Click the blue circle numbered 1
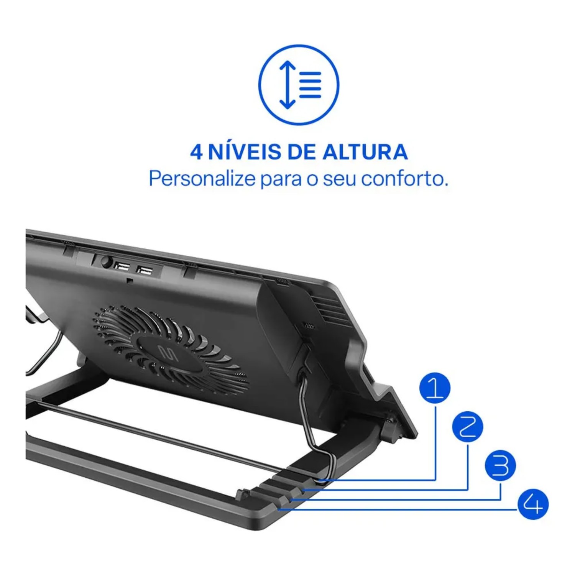(435, 388)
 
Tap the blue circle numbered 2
(468, 427)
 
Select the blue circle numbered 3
(500, 465)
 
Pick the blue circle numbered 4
(533, 504)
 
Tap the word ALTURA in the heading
(365, 152)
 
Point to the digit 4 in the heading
(196, 152)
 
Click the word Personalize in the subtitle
(202, 178)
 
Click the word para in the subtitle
(281, 181)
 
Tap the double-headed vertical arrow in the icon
(287, 85)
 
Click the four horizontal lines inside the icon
(310, 85)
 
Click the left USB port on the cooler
(122, 266)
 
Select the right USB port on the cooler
(145, 270)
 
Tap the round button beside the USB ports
(106, 263)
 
